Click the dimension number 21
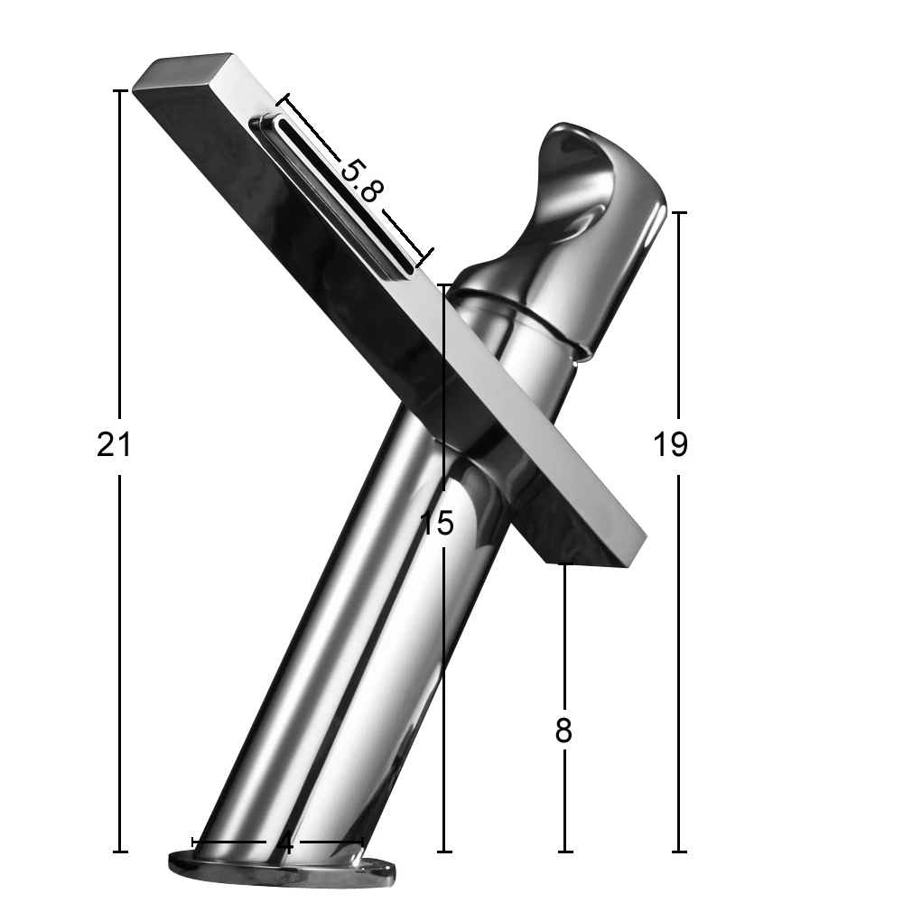pyautogui.click(x=114, y=444)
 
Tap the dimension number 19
pyautogui.click(x=670, y=444)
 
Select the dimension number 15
pyautogui.click(x=437, y=523)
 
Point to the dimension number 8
pyautogui.click(x=563, y=731)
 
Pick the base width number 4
pyautogui.click(x=284, y=844)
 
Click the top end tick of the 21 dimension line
pyautogui.click(x=120, y=91)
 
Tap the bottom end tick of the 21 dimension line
pyautogui.click(x=120, y=852)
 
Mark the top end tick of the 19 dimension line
pyautogui.click(x=679, y=212)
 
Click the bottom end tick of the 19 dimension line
pyautogui.click(x=679, y=852)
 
